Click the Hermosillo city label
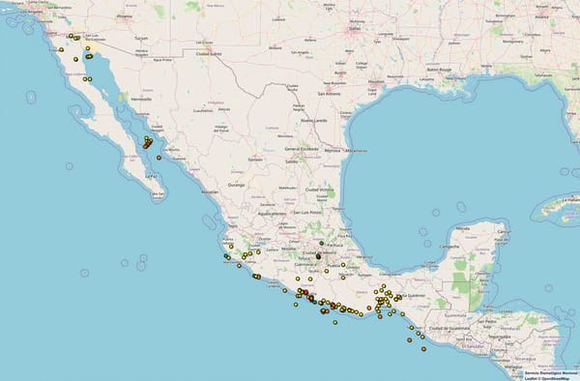point(141,99)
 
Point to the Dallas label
point(354,28)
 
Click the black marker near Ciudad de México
point(318,256)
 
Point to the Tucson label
point(141,39)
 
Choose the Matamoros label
point(356,151)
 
